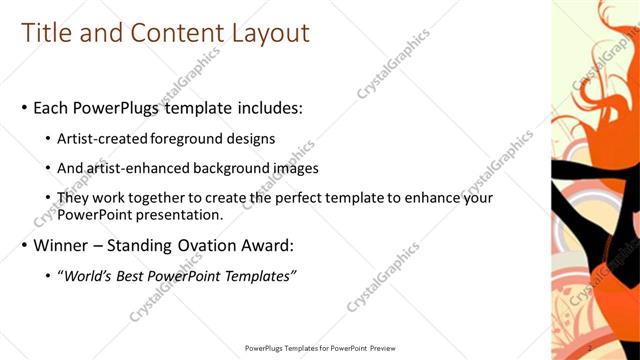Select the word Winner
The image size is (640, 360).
pyautogui.click(x=63, y=245)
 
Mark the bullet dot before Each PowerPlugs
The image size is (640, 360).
pyautogui.click(x=25, y=107)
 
